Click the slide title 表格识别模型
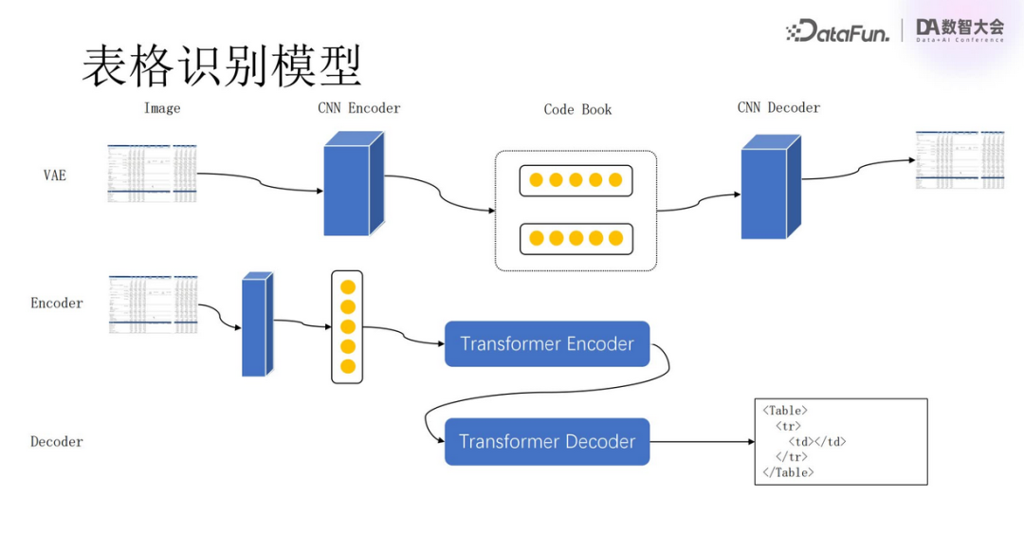222,66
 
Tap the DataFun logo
837,31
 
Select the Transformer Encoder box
547,343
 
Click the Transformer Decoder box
547,441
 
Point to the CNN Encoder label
358,108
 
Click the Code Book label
577,110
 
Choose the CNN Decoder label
778,108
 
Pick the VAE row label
55,175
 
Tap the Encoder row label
57,304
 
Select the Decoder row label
57,442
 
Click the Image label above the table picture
162,108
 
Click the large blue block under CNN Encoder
353,184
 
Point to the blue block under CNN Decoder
769,188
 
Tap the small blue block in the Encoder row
256,324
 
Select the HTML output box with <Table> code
840,442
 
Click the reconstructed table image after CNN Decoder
959,159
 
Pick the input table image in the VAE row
152,173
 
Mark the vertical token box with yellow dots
347,326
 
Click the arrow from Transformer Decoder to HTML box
702,442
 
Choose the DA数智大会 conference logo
960,30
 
